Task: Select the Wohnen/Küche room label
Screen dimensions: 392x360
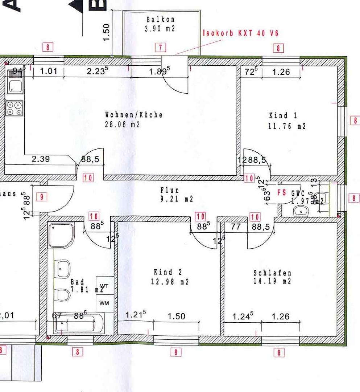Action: [x=134, y=115]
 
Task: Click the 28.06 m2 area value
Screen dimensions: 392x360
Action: [x=122, y=125]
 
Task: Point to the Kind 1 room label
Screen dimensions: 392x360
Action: [x=283, y=116]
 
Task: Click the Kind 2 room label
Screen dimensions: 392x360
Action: [x=168, y=272]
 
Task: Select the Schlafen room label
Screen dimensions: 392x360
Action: [x=272, y=273]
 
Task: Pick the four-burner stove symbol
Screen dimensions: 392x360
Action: [x=14, y=108]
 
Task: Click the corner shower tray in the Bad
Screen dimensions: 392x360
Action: [x=61, y=235]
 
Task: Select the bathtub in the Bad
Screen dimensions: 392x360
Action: [x=79, y=324]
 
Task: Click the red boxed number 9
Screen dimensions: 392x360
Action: [x=42, y=197]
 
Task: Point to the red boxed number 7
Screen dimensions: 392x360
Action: [x=160, y=47]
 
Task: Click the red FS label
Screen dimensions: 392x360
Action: [x=282, y=193]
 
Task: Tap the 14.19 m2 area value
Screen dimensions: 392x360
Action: [x=272, y=281]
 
